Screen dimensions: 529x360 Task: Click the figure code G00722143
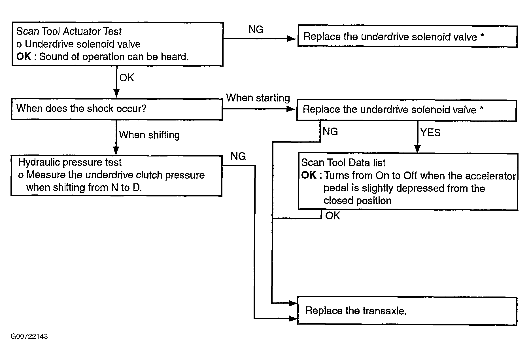point(29,336)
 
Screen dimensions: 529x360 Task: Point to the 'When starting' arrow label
point(258,98)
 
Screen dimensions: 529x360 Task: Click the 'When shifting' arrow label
point(149,135)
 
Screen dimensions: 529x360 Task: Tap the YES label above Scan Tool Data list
point(430,133)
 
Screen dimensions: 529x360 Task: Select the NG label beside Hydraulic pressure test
point(238,156)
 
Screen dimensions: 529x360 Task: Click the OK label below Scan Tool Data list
point(332,216)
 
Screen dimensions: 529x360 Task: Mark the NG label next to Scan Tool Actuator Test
point(256,29)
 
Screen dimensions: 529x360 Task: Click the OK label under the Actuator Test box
point(127,78)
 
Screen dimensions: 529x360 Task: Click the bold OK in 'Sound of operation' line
point(24,57)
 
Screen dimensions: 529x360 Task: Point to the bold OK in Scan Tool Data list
point(309,175)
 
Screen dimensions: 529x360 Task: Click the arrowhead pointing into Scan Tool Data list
point(417,149)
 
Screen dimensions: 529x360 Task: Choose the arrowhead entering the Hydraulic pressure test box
point(116,151)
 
